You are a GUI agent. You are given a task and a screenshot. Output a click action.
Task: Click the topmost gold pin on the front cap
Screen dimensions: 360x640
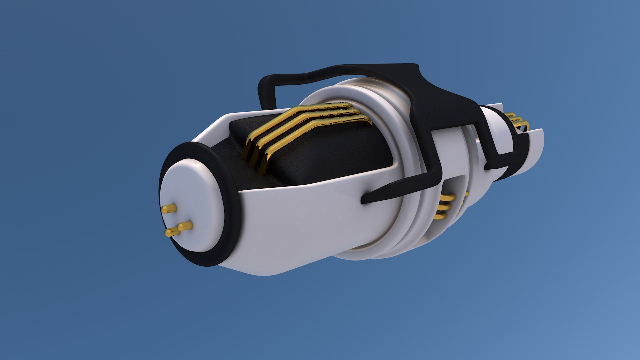tap(169, 209)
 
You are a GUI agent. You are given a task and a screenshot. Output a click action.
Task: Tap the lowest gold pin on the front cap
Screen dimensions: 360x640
tap(172, 232)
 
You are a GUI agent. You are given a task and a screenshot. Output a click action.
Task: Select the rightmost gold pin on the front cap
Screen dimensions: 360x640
tap(185, 226)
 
